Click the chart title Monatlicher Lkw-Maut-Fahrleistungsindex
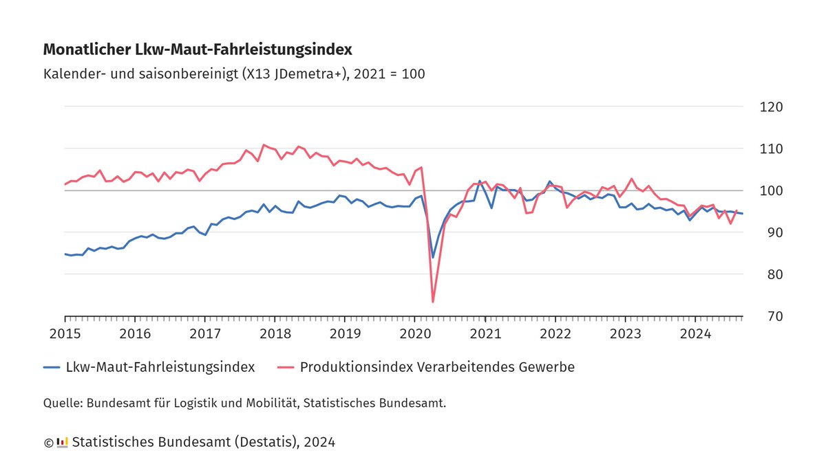pos(198,49)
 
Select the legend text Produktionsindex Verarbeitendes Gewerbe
pos(437,368)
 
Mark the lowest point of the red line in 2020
pos(433,302)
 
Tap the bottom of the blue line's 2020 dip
pos(433,257)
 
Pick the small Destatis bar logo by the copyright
pos(62,442)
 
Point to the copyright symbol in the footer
pos(48,443)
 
